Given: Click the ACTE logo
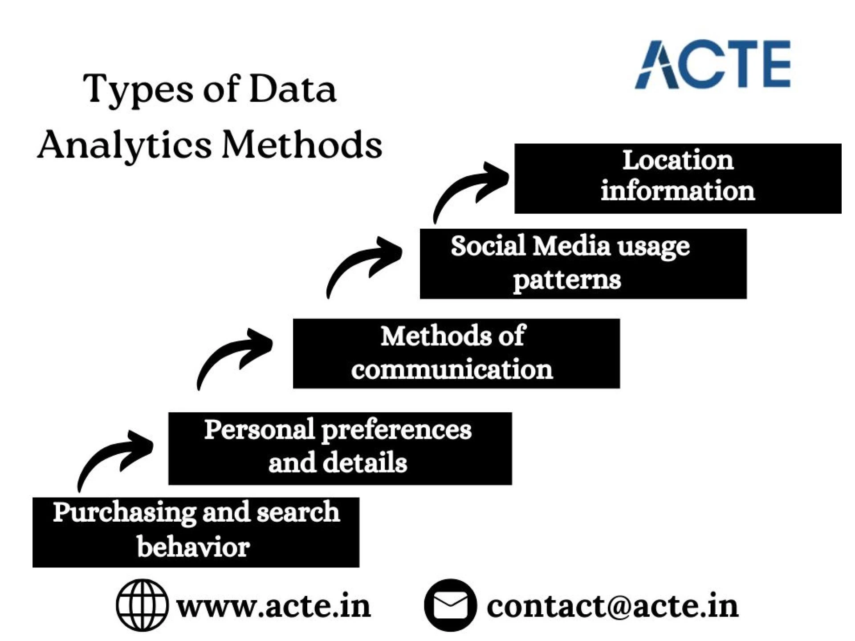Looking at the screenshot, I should (712, 65).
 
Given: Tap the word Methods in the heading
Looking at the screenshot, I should (302, 145).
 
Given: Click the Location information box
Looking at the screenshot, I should (677, 178).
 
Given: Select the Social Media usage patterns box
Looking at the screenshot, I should (583, 264).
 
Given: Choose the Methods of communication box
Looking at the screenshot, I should (456, 353).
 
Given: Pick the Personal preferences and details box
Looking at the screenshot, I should (340, 448).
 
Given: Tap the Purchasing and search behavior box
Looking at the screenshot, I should (195, 532).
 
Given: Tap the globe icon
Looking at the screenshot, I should (142, 605).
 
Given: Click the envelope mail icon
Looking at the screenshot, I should (450, 605).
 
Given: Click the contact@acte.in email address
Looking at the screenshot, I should (612, 606).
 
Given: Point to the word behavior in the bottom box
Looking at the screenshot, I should (193, 547).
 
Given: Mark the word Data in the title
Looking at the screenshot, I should (292, 89).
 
